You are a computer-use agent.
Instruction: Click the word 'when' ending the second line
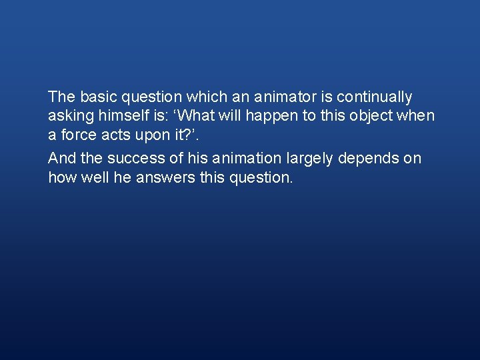point(416,116)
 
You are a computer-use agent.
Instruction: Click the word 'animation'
point(248,159)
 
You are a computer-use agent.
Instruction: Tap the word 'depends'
point(371,159)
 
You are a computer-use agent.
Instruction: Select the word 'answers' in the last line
point(169,177)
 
